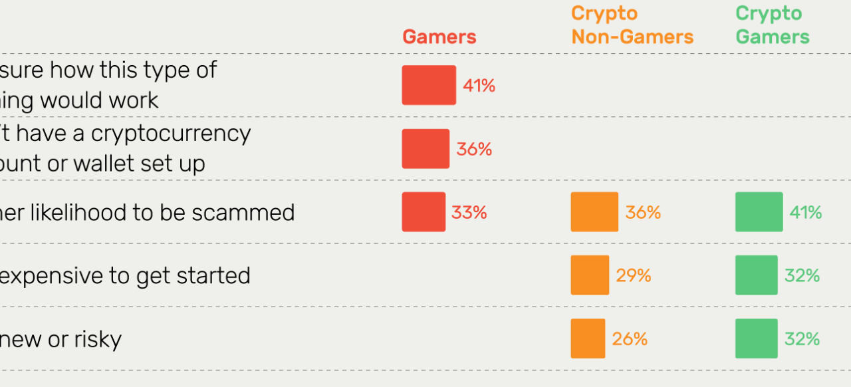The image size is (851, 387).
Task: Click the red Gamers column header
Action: coord(439,37)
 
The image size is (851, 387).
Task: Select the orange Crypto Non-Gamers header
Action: coord(632,25)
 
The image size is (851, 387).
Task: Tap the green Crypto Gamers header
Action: coord(773,25)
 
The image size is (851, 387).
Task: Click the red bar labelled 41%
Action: coord(429,85)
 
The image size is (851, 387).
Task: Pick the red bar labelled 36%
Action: coord(425,148)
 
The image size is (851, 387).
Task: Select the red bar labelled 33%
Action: coord(424,212)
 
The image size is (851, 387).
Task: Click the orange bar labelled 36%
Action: coord(594,212)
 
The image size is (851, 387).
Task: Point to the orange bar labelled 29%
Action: coord(590,275)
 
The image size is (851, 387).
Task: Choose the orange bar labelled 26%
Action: coord(588,338)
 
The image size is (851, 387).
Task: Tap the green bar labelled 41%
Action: coord(759,212)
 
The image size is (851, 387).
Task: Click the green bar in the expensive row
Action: coord(756,275)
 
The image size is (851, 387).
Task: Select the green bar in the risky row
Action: coord(756,338)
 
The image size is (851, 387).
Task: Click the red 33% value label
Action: coord(469,213)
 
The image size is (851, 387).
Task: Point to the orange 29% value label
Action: coord(634,275)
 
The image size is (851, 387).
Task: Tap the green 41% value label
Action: coord(806,213)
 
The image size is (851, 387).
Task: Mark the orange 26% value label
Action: coord(630,339)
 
